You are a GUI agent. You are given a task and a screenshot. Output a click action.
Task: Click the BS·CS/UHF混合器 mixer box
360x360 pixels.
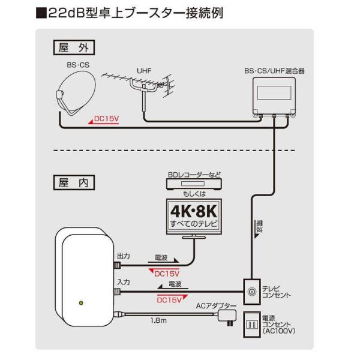(273, 96)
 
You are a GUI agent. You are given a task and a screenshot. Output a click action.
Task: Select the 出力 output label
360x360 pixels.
(123, 256)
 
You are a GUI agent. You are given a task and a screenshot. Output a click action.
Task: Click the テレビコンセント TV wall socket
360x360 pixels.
(251, 292)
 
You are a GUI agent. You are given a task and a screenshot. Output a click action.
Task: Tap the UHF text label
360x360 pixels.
(143, 70)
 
